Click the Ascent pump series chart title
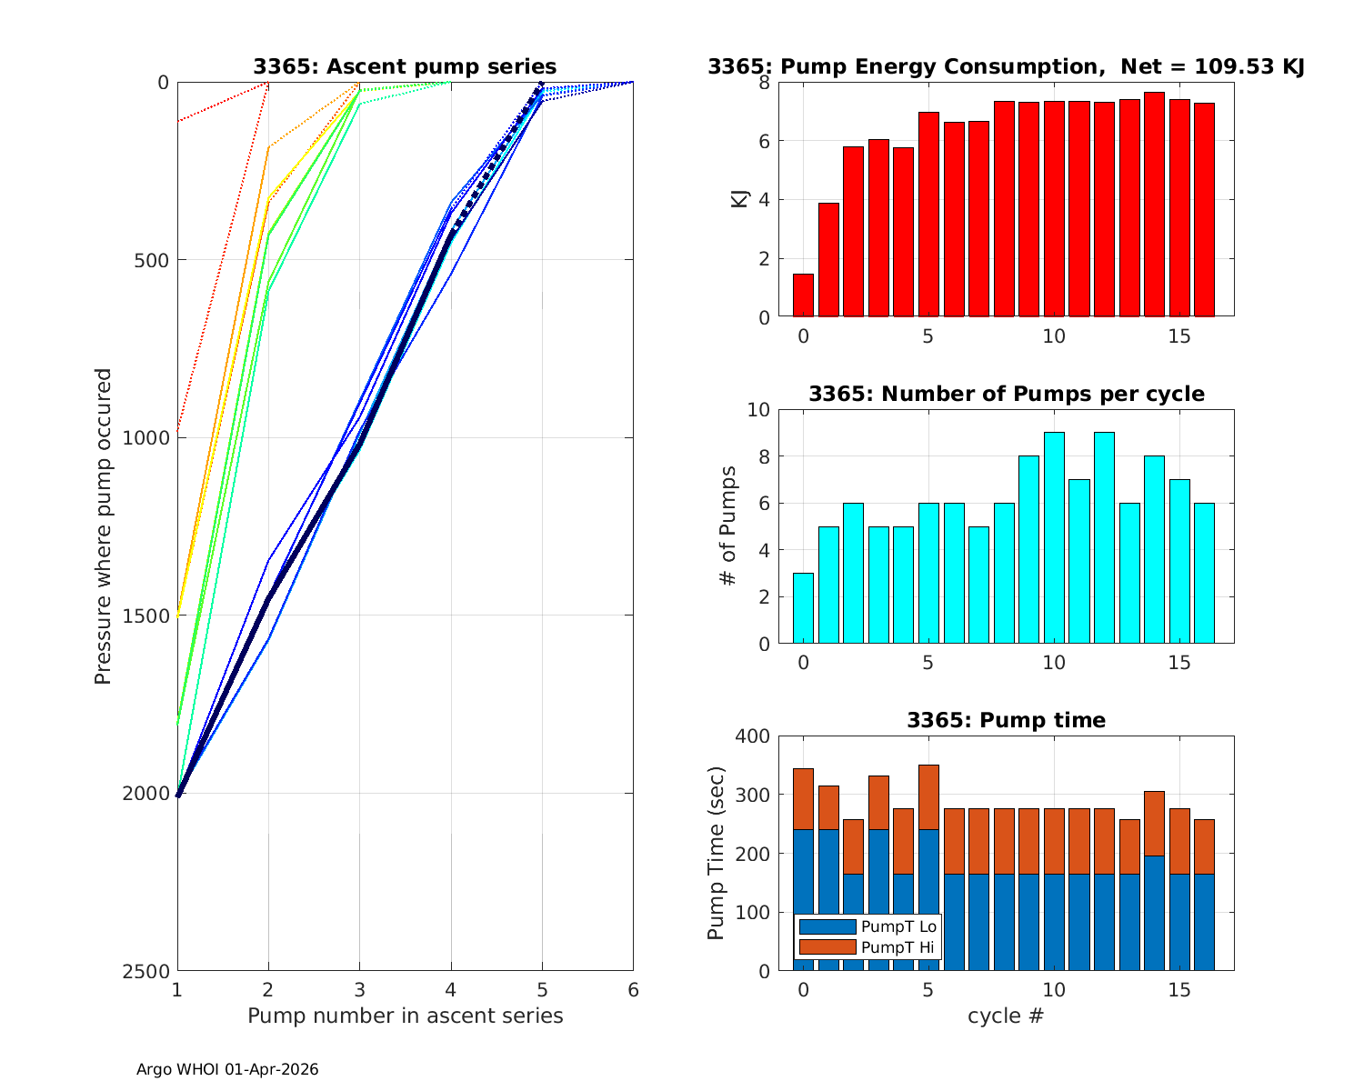(405, 66)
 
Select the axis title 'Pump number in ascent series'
(405, 1016)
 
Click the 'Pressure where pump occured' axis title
(103, 525)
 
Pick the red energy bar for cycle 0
(803, 295)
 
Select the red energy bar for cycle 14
(1154, 205)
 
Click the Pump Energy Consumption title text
(1006, 66)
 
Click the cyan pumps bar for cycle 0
(803, 608)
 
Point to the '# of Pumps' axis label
(727, 525)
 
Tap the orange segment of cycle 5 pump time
(928, 797)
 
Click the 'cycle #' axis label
(1006, 1016)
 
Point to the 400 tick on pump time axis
(753, 736)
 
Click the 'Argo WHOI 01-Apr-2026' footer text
(227, 1069)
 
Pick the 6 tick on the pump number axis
(633, 989)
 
